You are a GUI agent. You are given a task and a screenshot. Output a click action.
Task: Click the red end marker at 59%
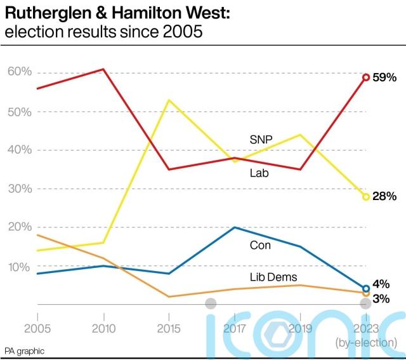[x=366, y=77]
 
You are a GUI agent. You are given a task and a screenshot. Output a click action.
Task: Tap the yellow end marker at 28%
[x=366, y=197]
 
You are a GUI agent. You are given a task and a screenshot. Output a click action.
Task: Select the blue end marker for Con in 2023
[x=366, y=288]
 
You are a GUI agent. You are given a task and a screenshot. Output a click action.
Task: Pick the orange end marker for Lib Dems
[x=366, y=293]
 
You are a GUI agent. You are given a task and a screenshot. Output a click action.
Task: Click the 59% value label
[x=385, y=77]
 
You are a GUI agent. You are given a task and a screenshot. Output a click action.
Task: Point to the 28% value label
[x=385, y=197]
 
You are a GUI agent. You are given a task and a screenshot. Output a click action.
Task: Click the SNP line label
[x=260, y=140]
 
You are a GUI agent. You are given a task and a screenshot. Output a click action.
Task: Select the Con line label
[x=260, y=244]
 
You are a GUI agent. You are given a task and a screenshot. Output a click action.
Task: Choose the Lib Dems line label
[x=274, y=276]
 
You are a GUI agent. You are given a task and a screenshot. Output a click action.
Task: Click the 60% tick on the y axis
[x=19, y=72]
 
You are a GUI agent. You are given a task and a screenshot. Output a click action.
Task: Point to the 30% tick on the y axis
[x=19, y=189]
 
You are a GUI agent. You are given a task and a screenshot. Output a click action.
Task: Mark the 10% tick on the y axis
[x=19, y=267]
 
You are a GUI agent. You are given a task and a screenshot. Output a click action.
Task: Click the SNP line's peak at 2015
[x=169, y=100]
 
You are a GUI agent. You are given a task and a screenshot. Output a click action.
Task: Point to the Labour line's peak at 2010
[x=103, y=69]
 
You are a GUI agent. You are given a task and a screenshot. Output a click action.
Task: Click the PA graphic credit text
[x=25, y=351]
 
